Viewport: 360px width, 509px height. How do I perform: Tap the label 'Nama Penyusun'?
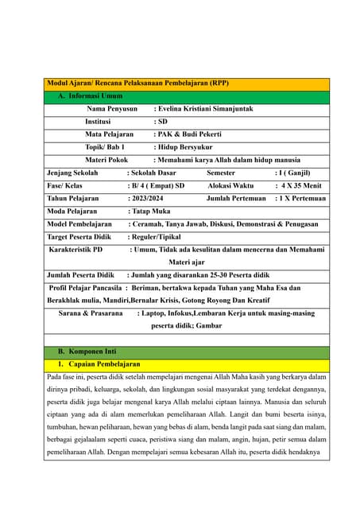tap(112, 109)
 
